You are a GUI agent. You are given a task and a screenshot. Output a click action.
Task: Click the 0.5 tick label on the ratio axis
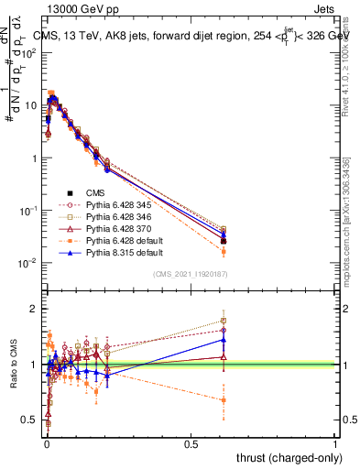tap(29, 420)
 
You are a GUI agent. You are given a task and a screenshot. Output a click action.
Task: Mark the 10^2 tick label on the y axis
tap(27, 52)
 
